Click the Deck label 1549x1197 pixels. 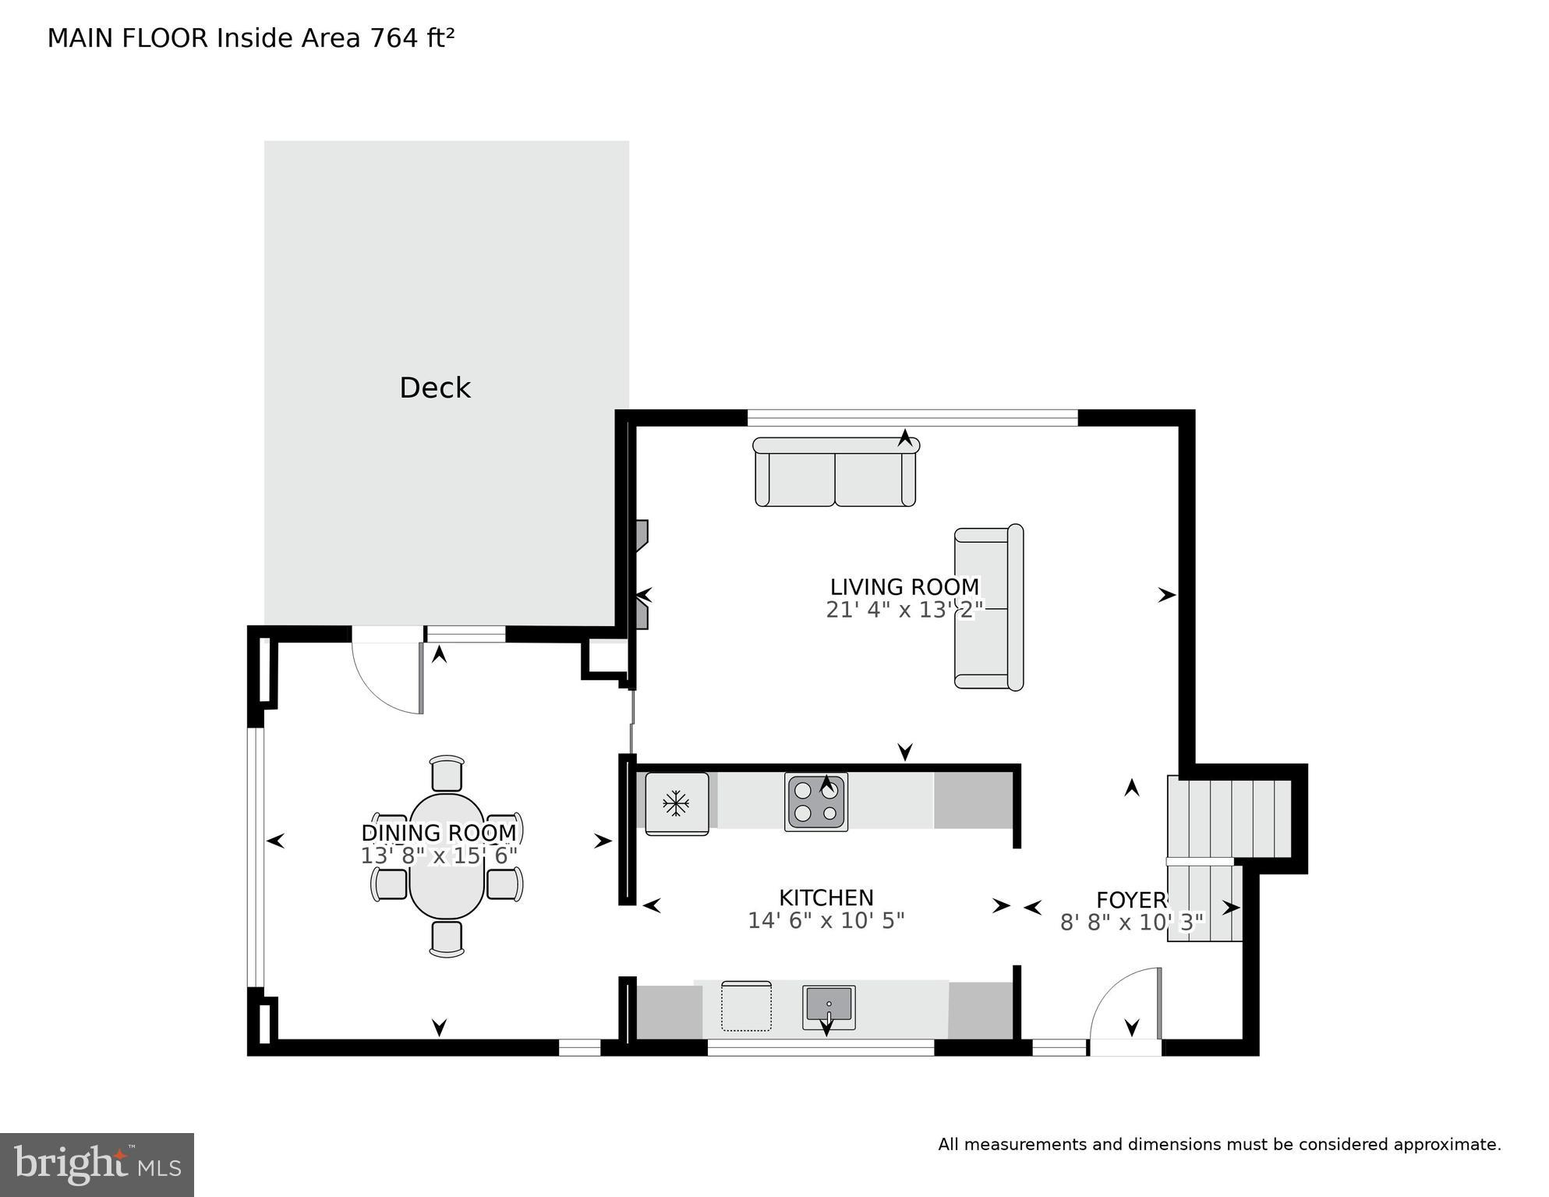point(434,388)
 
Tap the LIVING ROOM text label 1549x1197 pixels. point(904,587)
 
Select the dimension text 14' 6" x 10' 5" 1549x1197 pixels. point(826,921)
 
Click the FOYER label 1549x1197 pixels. point(1130,900)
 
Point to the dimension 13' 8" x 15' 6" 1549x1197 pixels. point(438,856)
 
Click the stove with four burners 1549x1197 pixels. point(815,802)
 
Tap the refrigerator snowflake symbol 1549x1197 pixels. point(675,803)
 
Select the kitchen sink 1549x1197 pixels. point(829,1007)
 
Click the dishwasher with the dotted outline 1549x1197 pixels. point(746,1006)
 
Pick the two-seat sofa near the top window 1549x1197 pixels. point(835,473)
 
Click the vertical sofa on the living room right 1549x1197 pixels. point(988,607)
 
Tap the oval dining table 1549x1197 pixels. point(447,855)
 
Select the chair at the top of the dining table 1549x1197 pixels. point(447,773)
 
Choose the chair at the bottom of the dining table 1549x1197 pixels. point(447,938)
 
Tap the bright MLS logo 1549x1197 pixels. point(97,1165)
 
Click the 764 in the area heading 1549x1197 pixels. point(393,38)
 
